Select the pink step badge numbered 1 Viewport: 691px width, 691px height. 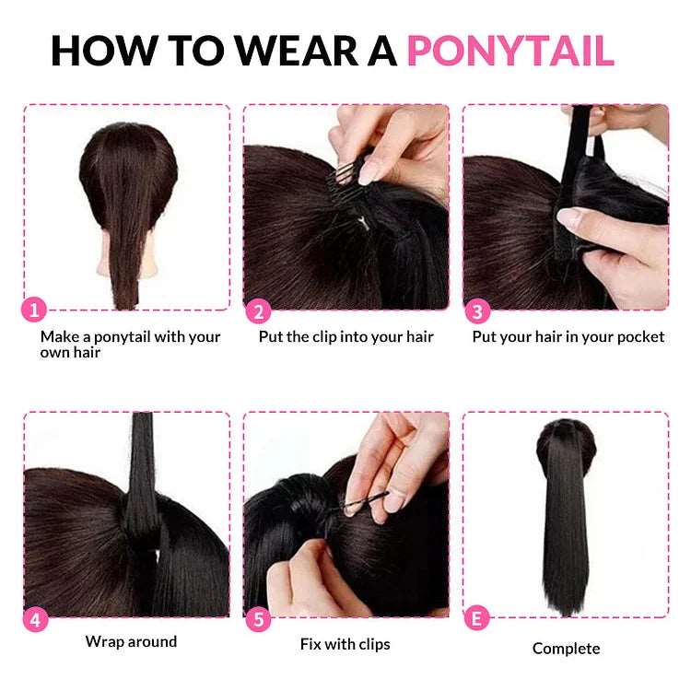(x=35, y=310)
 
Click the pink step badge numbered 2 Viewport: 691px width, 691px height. (x=258, y=311)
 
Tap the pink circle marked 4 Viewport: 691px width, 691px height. (x=35, y=619)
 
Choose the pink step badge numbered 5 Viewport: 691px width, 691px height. (x=258, y=619)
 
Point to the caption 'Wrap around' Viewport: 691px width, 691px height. (x=131, y=641)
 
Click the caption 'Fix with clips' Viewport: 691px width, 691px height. (x=345, y=644)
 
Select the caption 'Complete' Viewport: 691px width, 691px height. (x=566, y=649)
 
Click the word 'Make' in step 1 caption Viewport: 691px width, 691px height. (x=58, y=337)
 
